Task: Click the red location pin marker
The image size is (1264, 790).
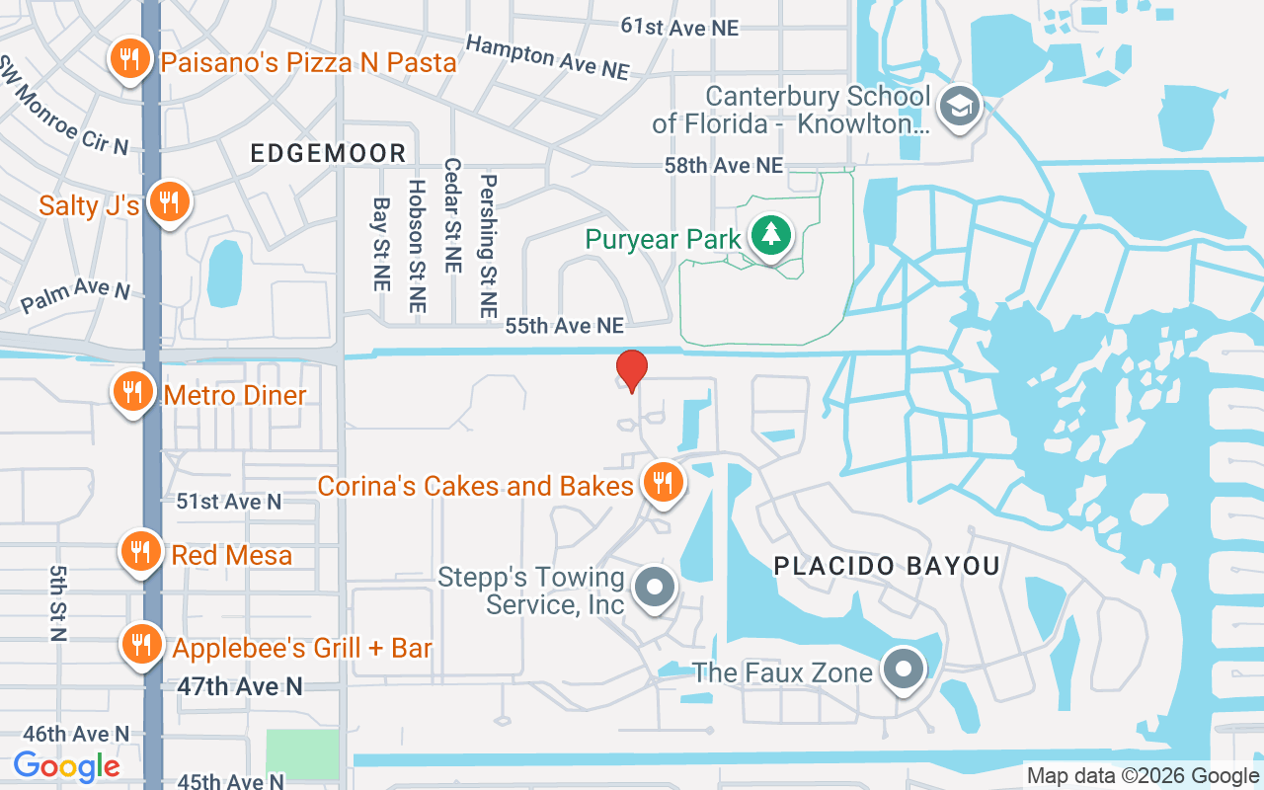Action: pos(632,370)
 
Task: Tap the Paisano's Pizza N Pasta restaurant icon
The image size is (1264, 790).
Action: pos(129,60)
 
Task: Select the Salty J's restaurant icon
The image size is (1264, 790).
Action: pos(170,202)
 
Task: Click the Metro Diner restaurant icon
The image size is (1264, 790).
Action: pos(131,392)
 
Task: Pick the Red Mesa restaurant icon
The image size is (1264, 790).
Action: pos(141,551)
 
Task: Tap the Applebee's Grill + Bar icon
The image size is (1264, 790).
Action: pos(141,644)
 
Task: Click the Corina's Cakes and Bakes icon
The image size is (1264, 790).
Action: pos(663,482)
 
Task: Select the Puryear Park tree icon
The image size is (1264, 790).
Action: pos(769,236)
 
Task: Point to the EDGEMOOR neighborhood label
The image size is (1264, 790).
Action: pos(328,153)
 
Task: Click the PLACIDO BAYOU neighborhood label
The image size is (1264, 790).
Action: pos(887,566)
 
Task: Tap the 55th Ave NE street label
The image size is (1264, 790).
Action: pos(564,325)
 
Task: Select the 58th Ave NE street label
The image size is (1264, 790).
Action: pos(724,165)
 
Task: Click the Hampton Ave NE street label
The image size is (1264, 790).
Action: pos(547,57)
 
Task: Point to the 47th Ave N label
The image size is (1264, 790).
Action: pos(240,686)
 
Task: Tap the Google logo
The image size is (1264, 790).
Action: pos(66,765)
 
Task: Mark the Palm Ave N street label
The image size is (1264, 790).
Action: pos(75,294)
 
